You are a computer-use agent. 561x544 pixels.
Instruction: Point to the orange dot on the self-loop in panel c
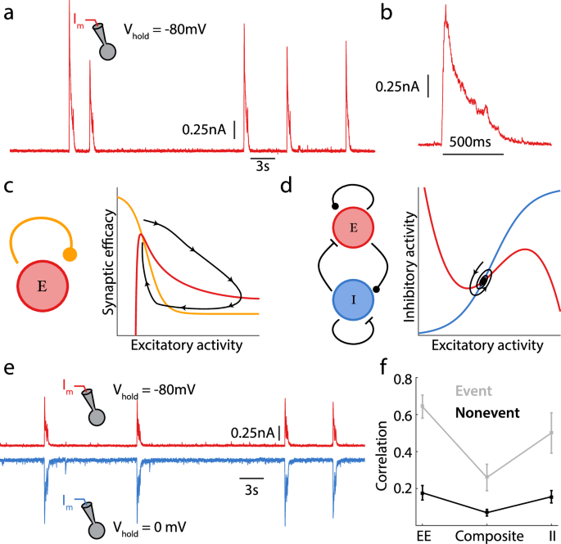[70, 254]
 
